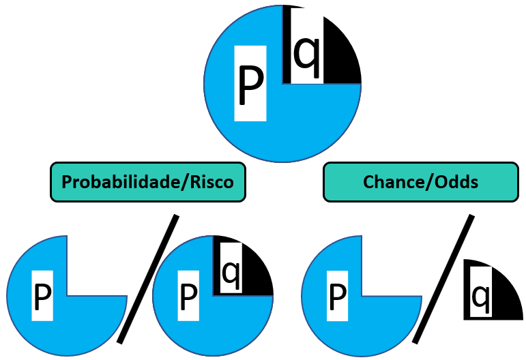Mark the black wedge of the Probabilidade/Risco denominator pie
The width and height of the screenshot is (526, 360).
(x=256, y=276)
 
